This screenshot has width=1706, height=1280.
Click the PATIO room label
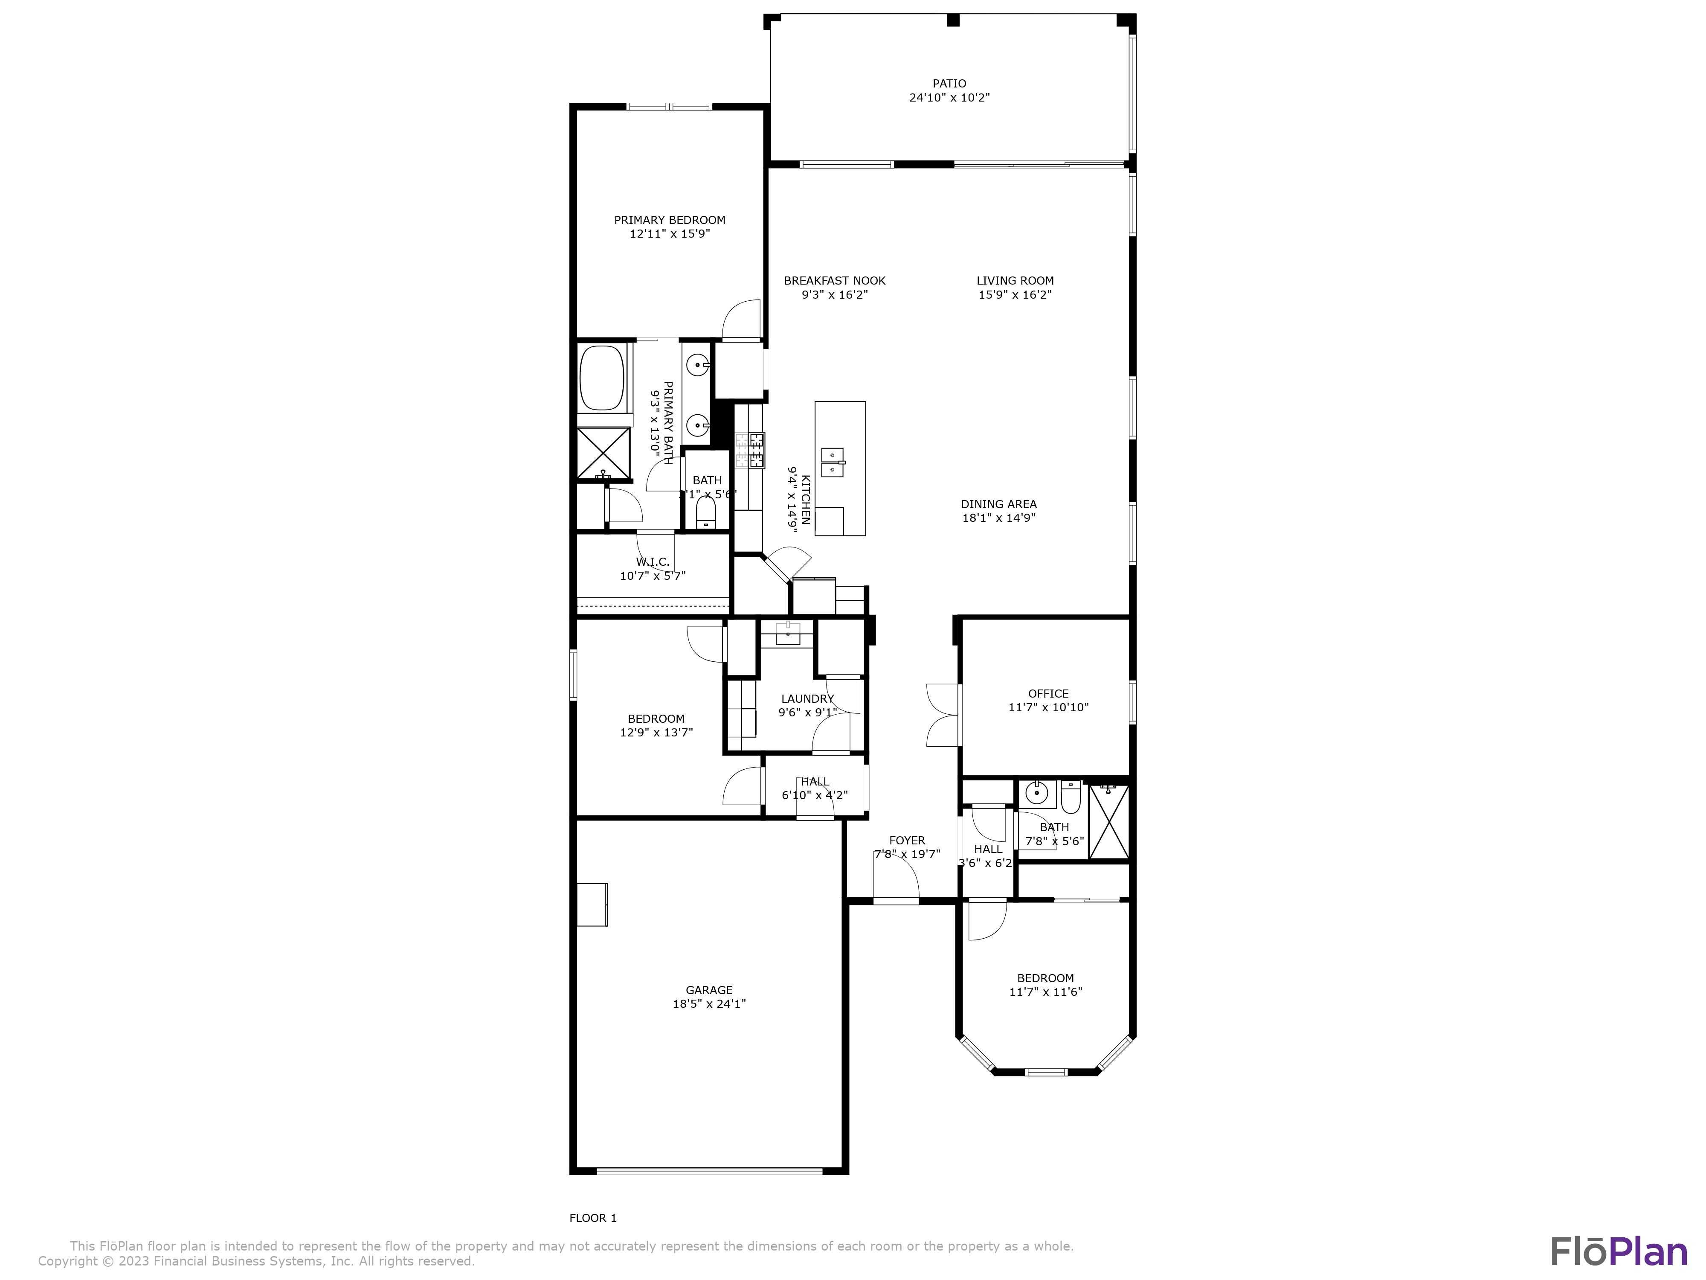click(949, 83)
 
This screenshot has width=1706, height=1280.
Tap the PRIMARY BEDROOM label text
click(670, 220)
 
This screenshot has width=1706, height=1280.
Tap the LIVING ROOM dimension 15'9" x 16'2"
click(1015, 295)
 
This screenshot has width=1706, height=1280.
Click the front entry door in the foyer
click(896, 879)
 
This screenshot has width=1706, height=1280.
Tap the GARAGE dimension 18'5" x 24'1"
click(709, 1004)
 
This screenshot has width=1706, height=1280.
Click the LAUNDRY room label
click(807, 699)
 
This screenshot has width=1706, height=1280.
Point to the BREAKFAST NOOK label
click(835, 281)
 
